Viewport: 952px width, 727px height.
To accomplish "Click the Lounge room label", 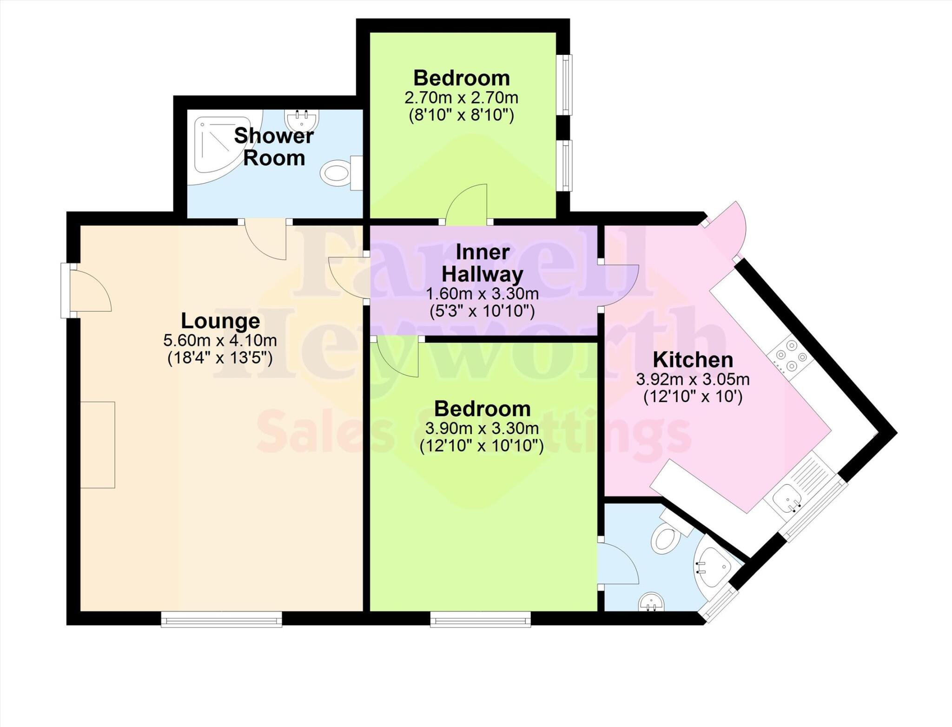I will click(x=220, y=321).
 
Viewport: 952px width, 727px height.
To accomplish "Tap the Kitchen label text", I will click(x=693, y=360).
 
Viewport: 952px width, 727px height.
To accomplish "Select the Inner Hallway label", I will click(x=482, y=263).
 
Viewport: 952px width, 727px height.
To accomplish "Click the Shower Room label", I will click(x=274, y=147).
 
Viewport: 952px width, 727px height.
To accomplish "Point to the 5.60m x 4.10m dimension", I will click(x=220, y=341).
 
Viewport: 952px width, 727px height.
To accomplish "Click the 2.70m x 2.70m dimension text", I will click(x=461, y=98).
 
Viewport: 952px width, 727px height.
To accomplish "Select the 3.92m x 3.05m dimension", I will click(x=693, y=380).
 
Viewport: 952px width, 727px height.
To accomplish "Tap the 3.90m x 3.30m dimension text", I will click(x=482, y=428).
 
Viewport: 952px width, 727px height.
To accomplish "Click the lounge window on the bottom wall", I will click(x=222, y=619).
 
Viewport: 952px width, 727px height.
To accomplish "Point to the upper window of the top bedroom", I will click(x=565, y=85).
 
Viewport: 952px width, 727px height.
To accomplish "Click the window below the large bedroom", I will click(x=480, y=619).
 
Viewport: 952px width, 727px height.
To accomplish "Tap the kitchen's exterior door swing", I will click(x=727, y=227).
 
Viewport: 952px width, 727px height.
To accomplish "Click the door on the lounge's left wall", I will click(x=88, y=291).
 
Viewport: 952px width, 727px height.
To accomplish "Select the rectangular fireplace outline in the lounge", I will click(x=98, y=445).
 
